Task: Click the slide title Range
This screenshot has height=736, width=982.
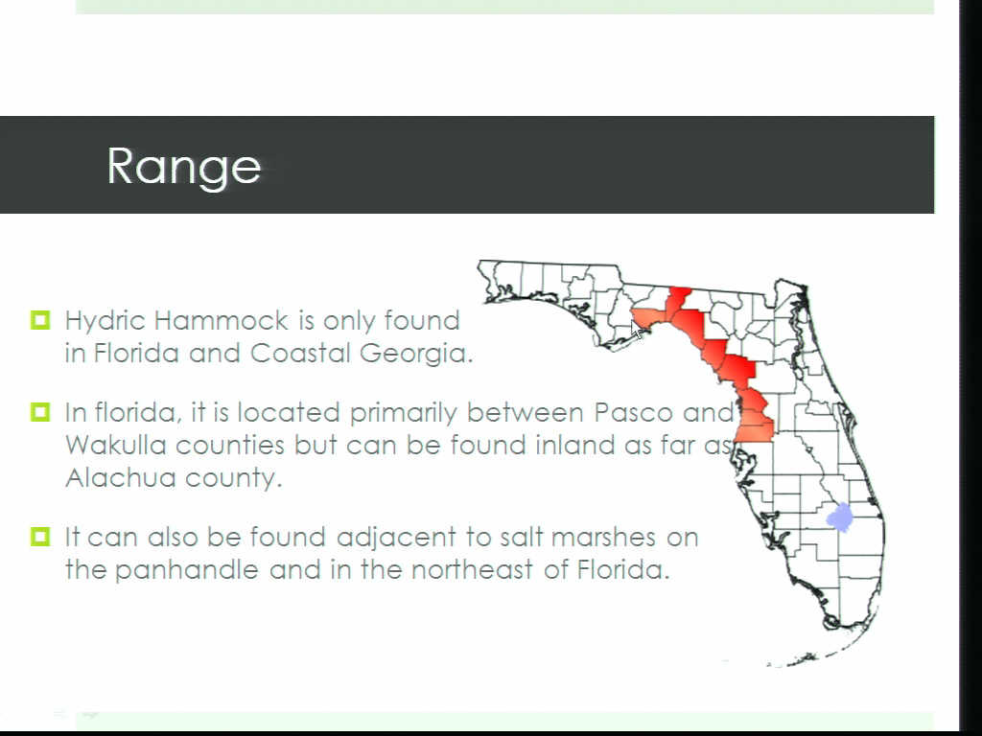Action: [x=183, y=167]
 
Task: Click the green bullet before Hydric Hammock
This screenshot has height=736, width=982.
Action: [x=40, y=320]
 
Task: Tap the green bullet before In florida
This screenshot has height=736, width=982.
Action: [x=40, y=412]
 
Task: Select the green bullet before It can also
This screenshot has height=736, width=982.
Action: [x=40, y=537]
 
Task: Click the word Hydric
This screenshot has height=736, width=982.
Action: [x=105, y=322]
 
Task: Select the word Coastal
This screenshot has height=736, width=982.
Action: [x=300, y=353]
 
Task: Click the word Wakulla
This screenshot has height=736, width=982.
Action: [x=116, y=445]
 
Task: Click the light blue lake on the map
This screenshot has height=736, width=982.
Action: [x=839, y=517]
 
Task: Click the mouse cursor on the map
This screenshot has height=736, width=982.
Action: [x=638, y=333]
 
